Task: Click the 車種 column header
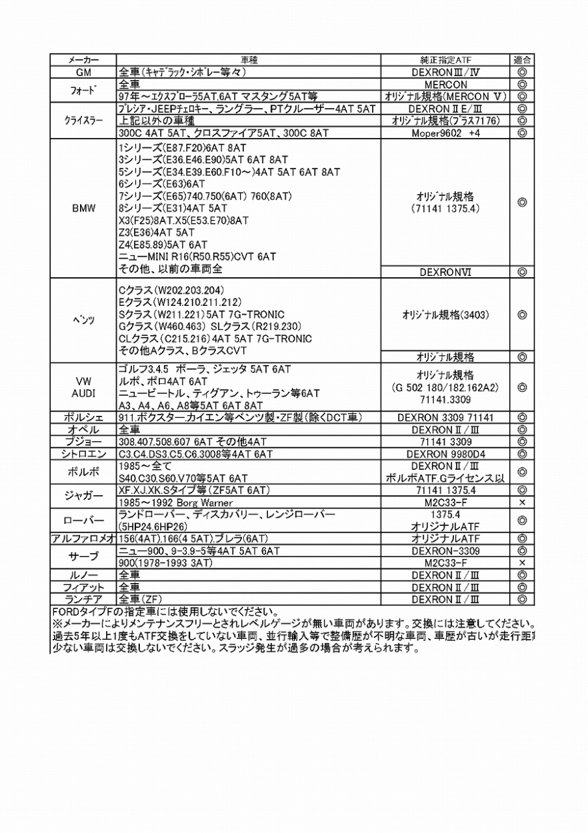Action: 249,60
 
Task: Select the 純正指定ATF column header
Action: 446,60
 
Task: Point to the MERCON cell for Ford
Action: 446,85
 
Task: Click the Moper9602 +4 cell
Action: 446,133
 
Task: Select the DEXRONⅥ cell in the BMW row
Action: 446,272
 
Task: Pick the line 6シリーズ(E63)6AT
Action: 161,184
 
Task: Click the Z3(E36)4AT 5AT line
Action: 157,232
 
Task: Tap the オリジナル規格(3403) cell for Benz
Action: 446,315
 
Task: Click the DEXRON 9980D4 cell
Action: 446,454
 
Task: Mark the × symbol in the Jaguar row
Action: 522,502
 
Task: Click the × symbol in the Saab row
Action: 522,563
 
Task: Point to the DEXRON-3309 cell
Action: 446,551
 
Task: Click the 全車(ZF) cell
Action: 141,599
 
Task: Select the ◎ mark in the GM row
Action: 522,72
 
